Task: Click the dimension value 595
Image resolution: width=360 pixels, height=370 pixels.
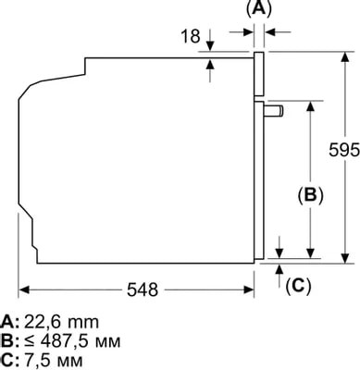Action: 343,150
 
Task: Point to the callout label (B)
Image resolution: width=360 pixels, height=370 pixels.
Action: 310,194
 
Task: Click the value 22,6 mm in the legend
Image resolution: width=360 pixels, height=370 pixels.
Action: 63,322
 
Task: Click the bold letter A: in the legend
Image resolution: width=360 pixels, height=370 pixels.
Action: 10,322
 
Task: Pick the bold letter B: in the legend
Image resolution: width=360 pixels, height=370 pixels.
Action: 10,340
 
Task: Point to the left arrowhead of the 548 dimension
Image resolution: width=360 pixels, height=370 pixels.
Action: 24,289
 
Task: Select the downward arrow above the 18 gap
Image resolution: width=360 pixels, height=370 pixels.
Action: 210,48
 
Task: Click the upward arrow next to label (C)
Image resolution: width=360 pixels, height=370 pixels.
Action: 280,268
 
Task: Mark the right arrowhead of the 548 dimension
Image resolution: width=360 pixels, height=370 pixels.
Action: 251,289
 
